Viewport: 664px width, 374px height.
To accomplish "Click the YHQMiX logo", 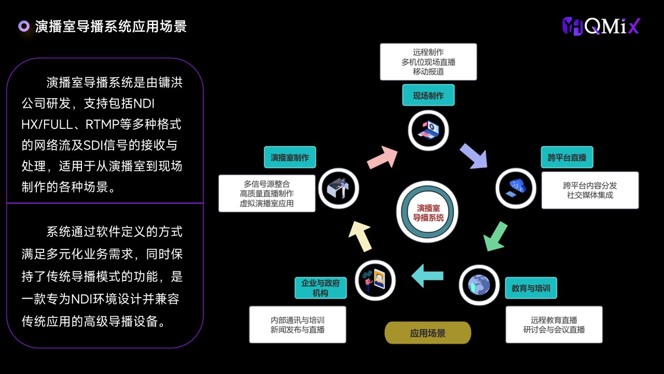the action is [x=601, y=26].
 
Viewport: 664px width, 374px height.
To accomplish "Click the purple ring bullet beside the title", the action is [x=24, y=26].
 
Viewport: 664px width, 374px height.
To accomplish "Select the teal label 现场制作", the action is [x=428, y=95].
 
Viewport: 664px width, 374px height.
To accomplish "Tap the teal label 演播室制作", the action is [x=289, y=157].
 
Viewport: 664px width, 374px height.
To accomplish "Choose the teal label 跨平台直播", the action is [x=567, y=157].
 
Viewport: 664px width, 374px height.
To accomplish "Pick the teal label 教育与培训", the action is [x=531, y=288].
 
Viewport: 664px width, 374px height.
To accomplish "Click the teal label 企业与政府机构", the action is [x=321, y=288].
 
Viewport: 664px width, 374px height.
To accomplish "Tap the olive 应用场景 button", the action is [x=428, y=333].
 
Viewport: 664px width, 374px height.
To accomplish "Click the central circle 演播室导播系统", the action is [x=427, y=212].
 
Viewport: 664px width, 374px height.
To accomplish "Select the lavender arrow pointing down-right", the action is [x=474, y=156].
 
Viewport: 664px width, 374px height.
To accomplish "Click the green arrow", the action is [x=495, y=236].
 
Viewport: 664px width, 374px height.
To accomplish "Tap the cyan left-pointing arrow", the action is [x=427, y=276].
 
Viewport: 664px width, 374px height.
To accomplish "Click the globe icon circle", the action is [x=479, y=285].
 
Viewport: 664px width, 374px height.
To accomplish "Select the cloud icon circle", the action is [x=516, y=189].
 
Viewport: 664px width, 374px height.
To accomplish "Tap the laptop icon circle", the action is [x=428, y=130].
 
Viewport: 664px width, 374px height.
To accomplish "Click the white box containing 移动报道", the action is [x=428, y=62].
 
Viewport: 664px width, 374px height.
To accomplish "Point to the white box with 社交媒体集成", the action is [x=590, y=190].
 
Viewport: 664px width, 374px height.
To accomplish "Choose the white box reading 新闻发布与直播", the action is [x=298, y=325].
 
